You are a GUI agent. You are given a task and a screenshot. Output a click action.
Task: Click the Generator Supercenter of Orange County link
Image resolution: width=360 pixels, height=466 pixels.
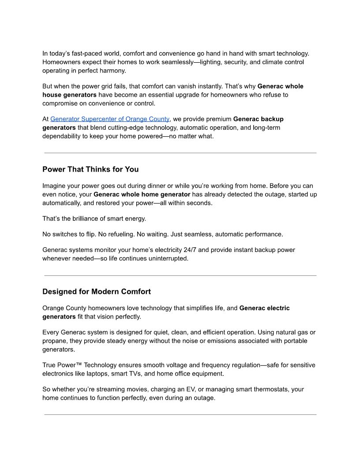(110, 119)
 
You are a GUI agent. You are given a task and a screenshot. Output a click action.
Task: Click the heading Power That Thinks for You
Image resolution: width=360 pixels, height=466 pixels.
(90, 169)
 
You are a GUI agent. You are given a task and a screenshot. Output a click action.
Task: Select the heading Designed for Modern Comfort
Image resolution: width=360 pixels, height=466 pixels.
(97, 292)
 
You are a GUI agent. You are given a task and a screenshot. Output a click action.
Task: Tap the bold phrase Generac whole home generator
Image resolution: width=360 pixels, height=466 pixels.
(142, 195)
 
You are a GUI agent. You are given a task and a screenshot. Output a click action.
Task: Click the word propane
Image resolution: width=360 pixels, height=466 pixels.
(55, 341)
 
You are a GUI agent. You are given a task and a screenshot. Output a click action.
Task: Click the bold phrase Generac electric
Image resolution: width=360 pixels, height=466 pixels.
(264, 308)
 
